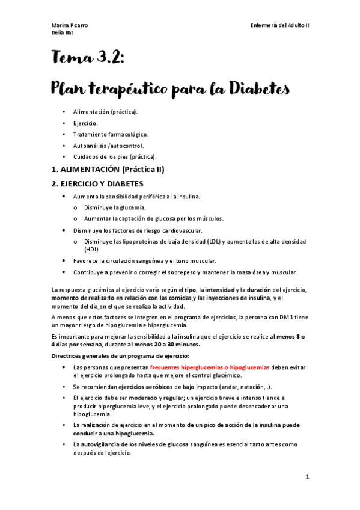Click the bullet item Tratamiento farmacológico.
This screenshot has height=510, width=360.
110,134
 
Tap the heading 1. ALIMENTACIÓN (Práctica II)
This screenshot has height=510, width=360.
108,170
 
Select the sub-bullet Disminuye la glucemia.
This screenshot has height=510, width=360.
115,207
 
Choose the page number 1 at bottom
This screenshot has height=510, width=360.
307,477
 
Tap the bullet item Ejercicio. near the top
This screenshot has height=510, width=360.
87,123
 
